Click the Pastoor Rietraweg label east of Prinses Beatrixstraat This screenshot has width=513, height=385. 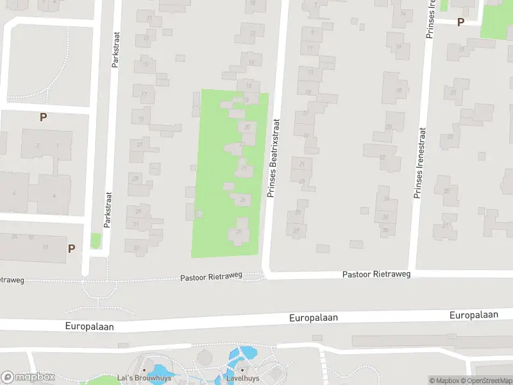(x=376, y=274)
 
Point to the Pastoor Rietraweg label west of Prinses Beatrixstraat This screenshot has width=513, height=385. (x=211, y=276)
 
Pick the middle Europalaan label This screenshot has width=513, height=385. (x=314, y=317)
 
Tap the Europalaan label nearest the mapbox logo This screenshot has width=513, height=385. (x=89, y=326)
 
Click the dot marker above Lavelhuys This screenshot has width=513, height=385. (x=242, y=370)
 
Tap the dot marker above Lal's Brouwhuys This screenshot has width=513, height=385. (x=144, y=370)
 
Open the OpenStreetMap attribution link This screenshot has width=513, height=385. (x=491, y=381)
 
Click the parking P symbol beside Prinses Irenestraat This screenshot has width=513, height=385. (x=460, y=22)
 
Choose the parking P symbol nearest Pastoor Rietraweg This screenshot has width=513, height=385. (x=71, y=248)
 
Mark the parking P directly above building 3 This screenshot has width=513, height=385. (x=43, y=117)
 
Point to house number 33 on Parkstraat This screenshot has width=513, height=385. (x=136, y=248)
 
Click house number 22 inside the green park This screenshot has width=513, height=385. (x=241, y=144)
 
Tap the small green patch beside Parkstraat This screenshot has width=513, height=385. (x=96, y=241)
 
